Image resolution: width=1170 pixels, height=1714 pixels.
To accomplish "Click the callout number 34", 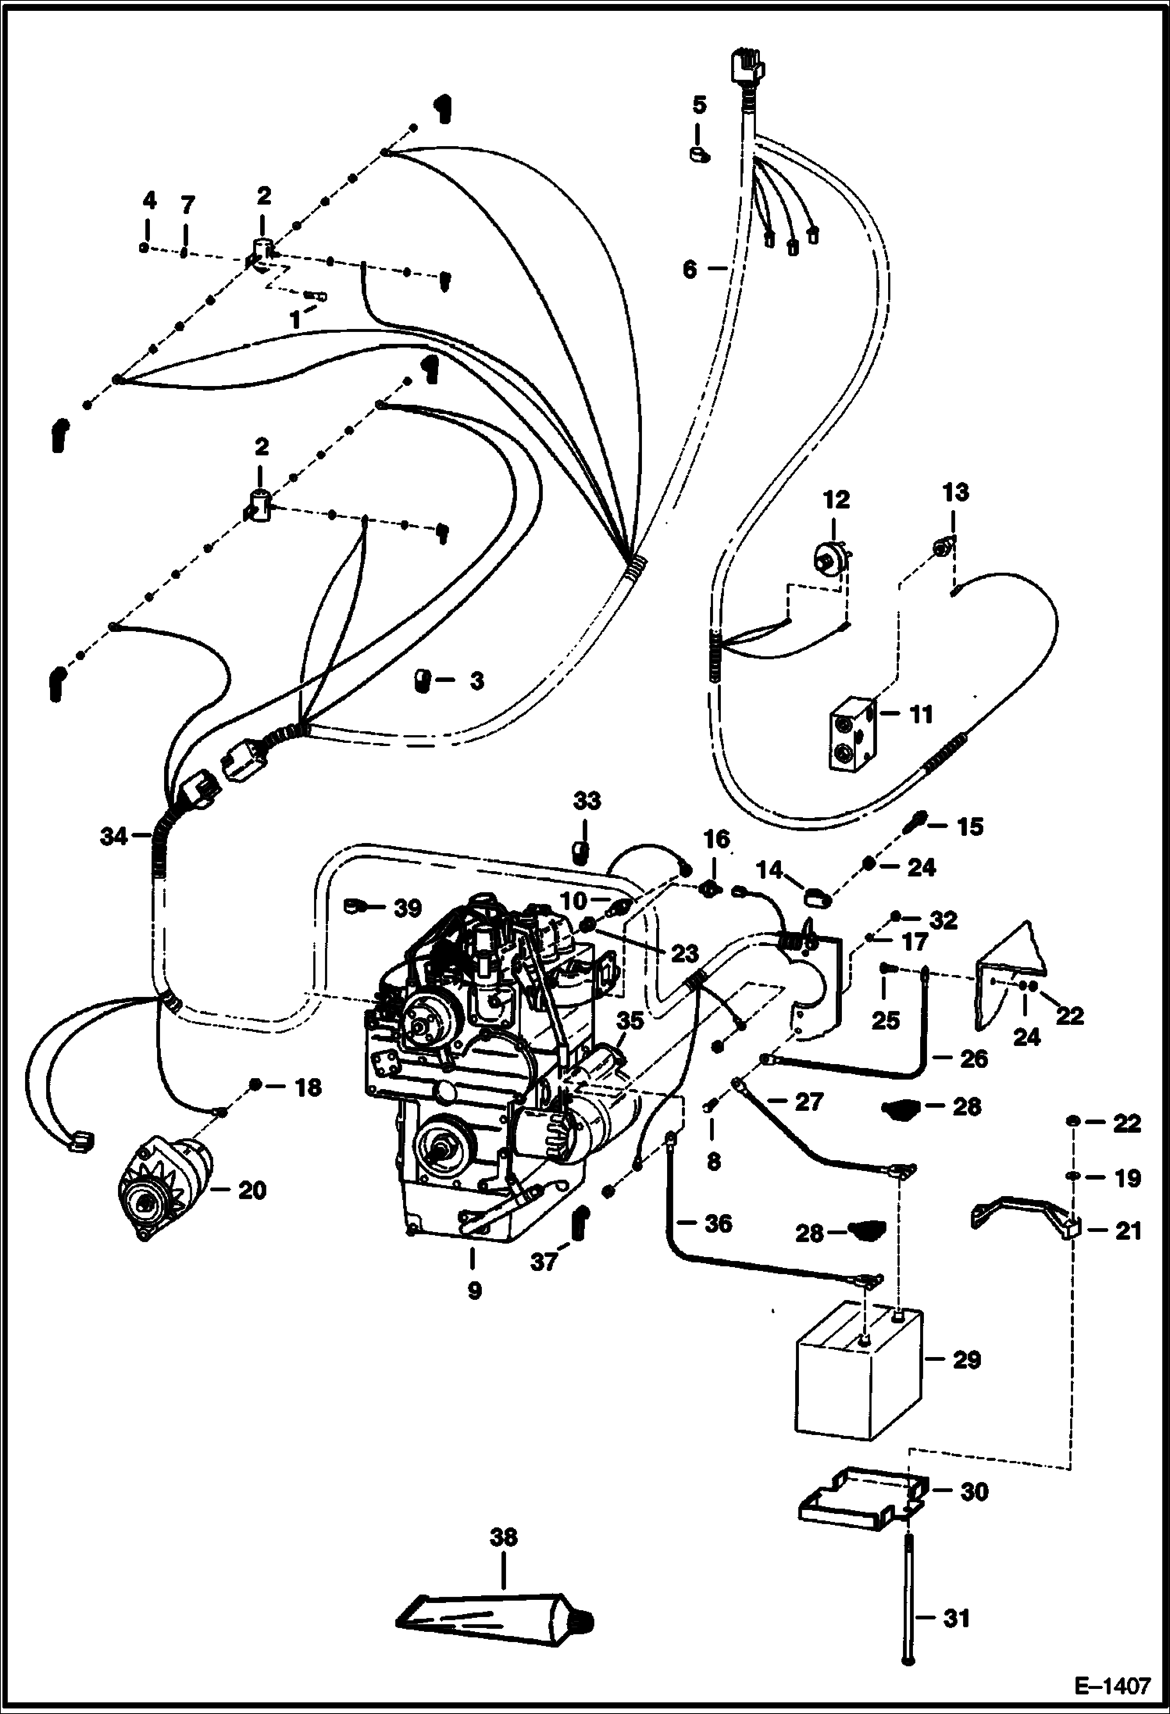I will click(x=113, y=837).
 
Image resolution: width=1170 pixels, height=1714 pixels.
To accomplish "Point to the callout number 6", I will click(x=690, y=270).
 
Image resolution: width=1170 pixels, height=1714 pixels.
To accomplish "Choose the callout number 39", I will click(x=406, y=908).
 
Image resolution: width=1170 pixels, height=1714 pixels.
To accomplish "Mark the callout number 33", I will click(x=587, y=802).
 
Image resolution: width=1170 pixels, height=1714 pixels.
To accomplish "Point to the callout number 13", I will click(x=956, y=492).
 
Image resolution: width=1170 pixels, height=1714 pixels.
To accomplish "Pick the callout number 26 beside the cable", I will click(x=972, y=1059).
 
